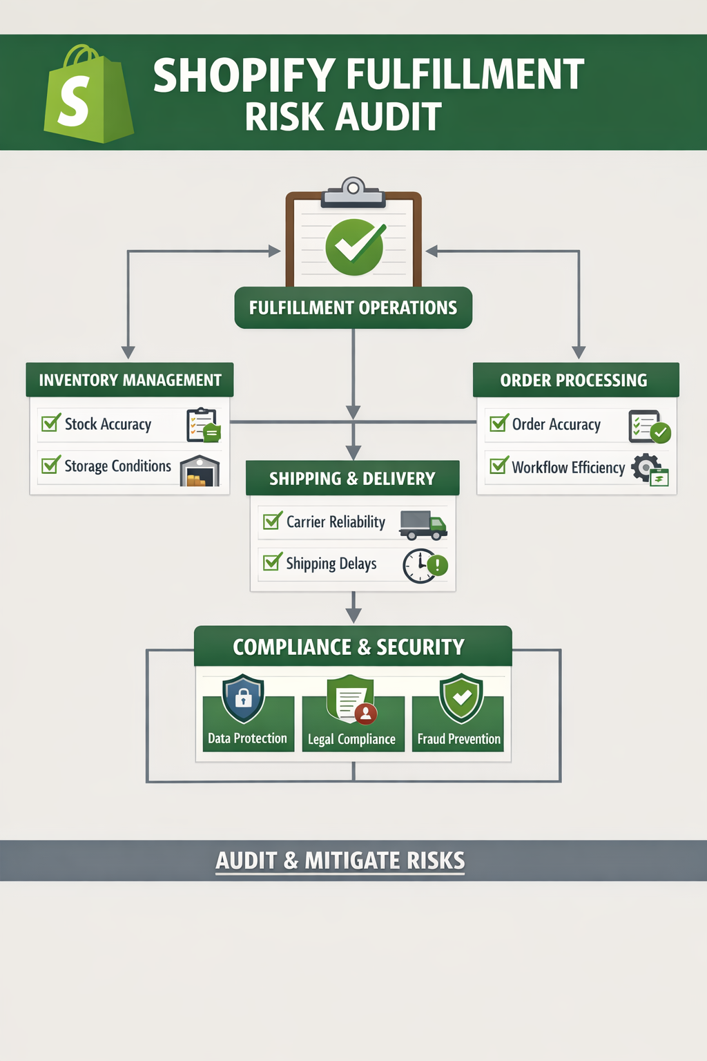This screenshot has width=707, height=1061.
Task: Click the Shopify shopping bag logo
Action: tap(88, 95)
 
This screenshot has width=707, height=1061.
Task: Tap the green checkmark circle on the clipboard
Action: tap(355, 247)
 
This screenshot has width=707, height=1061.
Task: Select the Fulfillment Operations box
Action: tap(353, 307)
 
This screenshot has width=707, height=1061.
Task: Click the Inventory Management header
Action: tap(130, 380)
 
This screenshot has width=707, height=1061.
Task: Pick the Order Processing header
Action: tap(575, 380)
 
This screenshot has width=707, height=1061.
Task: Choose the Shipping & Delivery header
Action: tap(352, 478)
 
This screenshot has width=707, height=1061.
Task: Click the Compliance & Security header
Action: tap(352, 647)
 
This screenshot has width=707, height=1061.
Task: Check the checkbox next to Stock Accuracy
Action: tap(50, 423)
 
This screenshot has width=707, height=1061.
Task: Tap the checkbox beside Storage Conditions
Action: tap(50, 465)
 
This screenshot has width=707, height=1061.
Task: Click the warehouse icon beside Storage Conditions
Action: tap(200, 471)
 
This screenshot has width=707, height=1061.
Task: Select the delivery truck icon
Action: tap(423, 525)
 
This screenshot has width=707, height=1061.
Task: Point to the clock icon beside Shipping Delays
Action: tap(420, 566)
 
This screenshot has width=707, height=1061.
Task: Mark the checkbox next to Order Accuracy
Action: tap(498, 423)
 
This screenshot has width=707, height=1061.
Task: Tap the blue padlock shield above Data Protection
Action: tap(243, 698)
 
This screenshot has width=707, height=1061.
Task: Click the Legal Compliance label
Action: tap(351, 739)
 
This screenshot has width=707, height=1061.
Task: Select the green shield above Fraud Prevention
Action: tap(461, 698)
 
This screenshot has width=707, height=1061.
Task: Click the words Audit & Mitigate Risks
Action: tap(340, 861)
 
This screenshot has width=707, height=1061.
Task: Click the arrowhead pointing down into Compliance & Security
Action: tap(353, 615)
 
